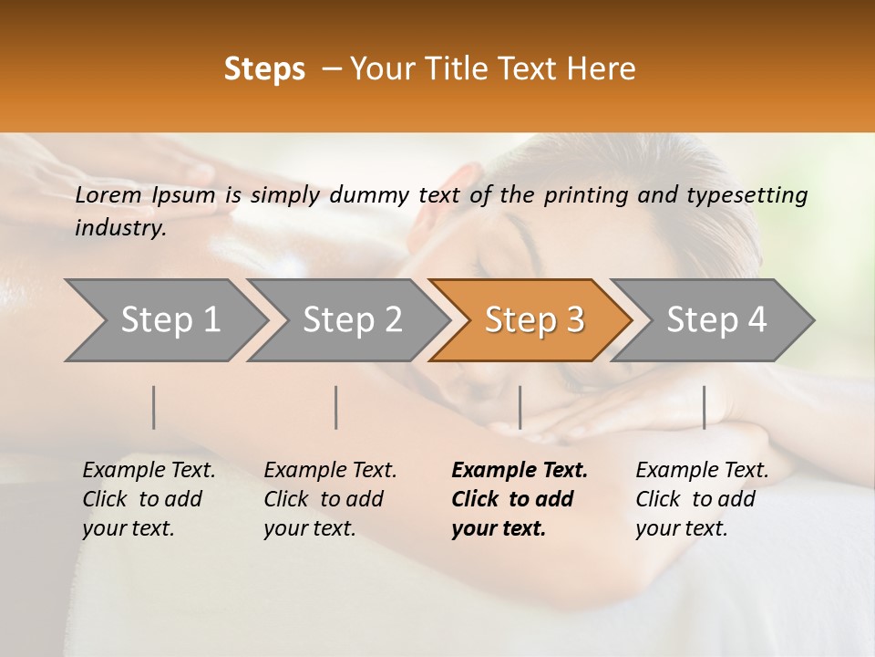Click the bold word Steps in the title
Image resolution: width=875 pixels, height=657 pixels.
pos(264,69)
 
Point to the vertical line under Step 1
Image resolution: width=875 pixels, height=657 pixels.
pos(154,407)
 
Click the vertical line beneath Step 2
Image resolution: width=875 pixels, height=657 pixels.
pos(336,407)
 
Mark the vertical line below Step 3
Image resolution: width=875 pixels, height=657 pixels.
pos(520,407)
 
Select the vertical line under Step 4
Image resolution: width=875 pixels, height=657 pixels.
pos(704,407)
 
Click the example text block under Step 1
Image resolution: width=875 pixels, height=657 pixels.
pos(149,499)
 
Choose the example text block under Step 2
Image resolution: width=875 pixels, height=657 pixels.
pos(330,499)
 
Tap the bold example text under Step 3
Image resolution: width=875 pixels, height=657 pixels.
pos(520,499)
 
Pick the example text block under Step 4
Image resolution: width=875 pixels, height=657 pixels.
pos(702,499)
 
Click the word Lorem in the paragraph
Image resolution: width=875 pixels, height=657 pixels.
pos(108,194)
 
